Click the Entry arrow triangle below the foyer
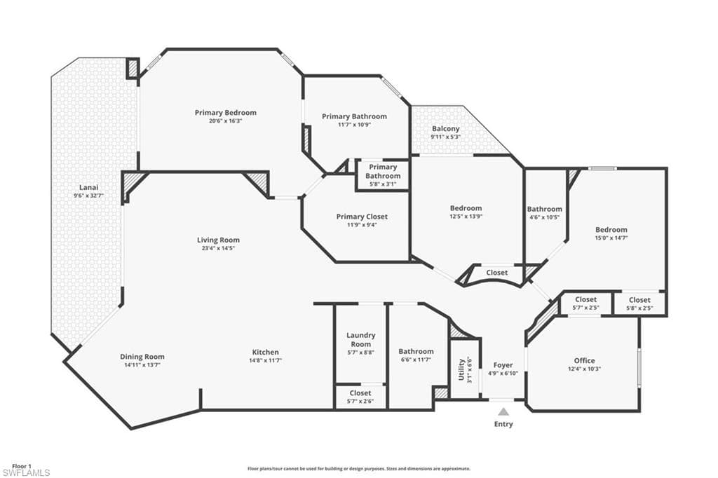coord(503,411)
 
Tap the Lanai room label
coord(88,187)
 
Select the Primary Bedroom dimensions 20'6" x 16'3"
coord(225,121)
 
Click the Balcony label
coord(446,129)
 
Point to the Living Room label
coord(218,240)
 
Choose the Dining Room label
coord(142,357)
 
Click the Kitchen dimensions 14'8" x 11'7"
coord(265,361)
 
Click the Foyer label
coord(503,365)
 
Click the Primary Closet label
coord(361,217)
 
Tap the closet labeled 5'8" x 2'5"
coord(639,303)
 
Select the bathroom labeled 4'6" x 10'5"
coord(544,212)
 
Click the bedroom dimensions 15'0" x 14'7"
coord(611,238)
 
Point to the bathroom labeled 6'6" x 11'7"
coord(416,355)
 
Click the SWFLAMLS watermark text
coord(26,473)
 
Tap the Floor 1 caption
coord(22,465)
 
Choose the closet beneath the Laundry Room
coord(360,397)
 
